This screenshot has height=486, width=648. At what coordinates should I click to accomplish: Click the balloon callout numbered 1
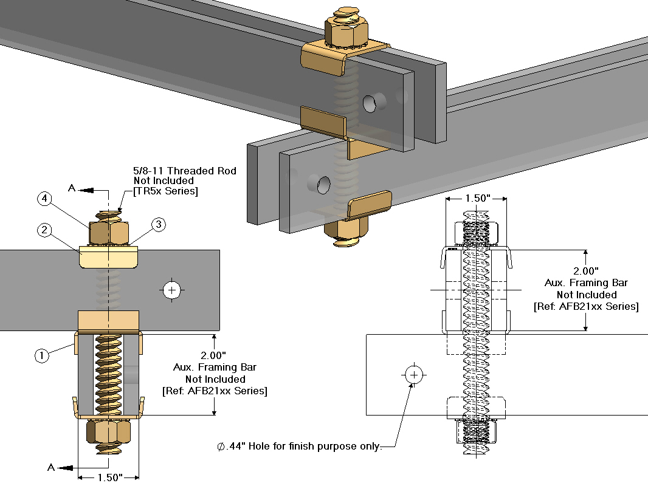41,356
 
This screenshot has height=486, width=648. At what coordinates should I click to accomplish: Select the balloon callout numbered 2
43,230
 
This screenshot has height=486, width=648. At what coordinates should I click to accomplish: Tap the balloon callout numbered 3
157,225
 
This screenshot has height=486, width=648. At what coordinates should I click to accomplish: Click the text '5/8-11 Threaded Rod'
184,171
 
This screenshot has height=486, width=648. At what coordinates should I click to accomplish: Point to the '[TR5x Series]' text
165,191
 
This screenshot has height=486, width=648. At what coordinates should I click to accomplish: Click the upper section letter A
71,189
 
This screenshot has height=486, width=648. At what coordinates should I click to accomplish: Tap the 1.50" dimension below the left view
110,477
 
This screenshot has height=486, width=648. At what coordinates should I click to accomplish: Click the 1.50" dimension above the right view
477,199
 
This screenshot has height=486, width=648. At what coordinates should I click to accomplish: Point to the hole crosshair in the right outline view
415,375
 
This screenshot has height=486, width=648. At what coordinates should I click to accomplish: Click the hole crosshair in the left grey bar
173,290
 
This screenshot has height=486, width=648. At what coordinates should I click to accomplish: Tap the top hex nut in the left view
109,232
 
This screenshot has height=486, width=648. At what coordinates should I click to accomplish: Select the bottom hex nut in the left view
109,432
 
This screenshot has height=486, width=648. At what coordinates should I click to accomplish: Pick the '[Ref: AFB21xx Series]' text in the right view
586,307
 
